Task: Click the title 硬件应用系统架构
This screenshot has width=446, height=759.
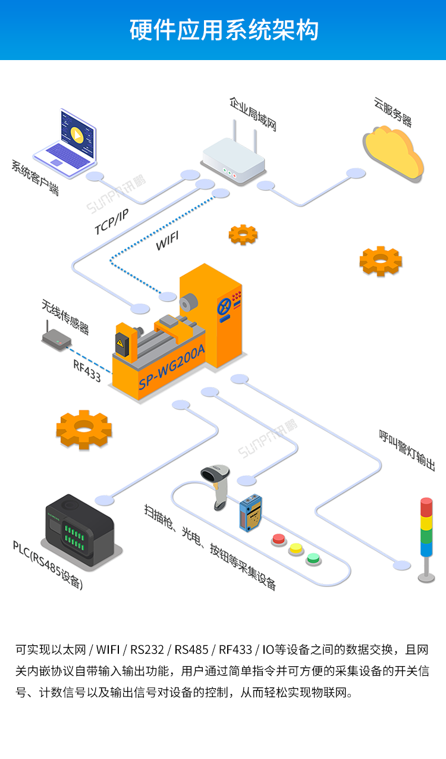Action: point(223,30)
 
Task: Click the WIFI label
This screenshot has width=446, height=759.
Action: point(167,241)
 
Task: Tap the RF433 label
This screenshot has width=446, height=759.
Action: point(87,369)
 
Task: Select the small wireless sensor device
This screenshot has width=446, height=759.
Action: point(57,339)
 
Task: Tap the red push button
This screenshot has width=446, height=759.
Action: point(278,539)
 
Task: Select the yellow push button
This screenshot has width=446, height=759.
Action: point(296,548)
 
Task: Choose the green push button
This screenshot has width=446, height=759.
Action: point(313,559)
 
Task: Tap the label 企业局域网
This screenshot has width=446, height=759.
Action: point(253,114)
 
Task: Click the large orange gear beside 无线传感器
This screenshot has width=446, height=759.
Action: point(84,429)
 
